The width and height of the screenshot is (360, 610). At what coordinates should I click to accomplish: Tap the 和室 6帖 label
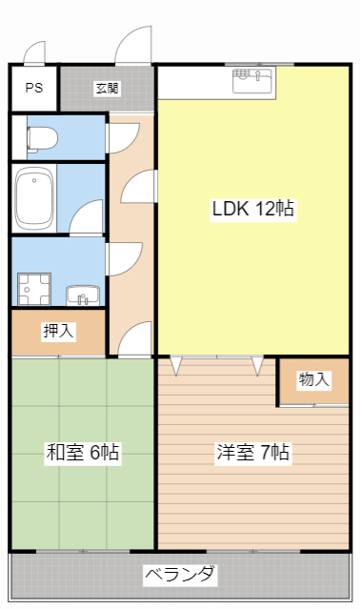pyautogui.click(x=83, y=454)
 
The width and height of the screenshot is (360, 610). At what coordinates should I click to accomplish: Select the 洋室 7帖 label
pyautogui.click(x=251, y=454)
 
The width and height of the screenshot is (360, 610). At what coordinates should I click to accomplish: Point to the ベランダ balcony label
pyautogui.click(x=180, y=576)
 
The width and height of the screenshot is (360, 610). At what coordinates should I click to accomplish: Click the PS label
pyautogui.click(x=34, y=89)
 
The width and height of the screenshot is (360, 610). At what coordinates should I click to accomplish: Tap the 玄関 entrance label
pyautogui.click(x=107, y=89)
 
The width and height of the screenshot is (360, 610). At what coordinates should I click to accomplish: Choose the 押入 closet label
pyautogui.click(x=58, y=332)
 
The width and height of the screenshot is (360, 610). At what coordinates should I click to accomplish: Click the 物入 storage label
pyautogui.click(x=314, y=379)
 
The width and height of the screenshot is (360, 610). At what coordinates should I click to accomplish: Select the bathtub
pyautogui.click(x=34, y=199)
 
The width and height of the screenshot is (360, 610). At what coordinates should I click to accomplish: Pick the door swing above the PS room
pyautogui.click(x=36, y=54)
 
